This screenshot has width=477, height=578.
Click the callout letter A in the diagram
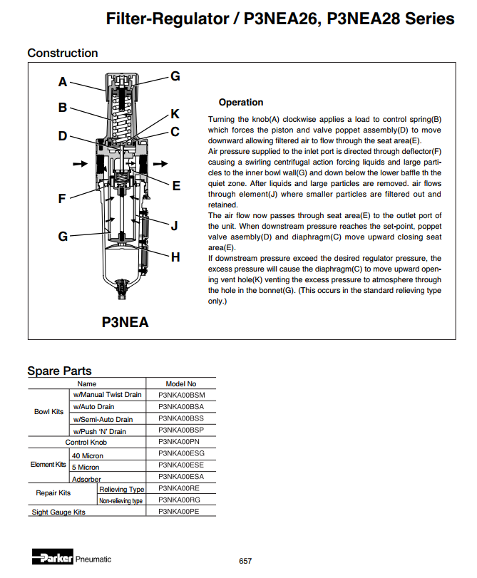pos(63,82)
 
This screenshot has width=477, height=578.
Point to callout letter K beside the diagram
pos(175,114)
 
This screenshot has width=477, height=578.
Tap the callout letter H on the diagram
pos(175,257)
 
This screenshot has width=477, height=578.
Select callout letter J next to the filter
pos(174,226)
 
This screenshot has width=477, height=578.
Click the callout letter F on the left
pos(63,199)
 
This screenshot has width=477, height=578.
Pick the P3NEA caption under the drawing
pos(125,322)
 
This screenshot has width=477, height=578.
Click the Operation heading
pos(241,103)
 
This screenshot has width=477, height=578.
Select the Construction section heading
pos(63,53)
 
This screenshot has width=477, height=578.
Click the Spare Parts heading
pos(59,371)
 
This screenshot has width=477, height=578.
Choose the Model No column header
pos(180,383)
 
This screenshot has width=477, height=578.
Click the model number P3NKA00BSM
pos(181,395)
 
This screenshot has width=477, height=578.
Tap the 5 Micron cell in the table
pos(86,467)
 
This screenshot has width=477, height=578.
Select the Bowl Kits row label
pos(48,412)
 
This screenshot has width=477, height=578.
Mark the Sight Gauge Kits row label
pos(58,512)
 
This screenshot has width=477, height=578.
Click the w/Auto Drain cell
pos(93,406)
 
